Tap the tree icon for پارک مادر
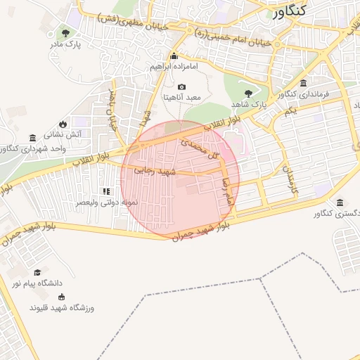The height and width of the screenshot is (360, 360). (65, 33)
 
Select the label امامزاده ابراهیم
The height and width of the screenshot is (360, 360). (174, 67)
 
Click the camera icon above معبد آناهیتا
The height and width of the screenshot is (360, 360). (181, 86)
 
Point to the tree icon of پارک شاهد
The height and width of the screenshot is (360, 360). (247, 93)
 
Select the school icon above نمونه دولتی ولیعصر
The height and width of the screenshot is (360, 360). (106, 191)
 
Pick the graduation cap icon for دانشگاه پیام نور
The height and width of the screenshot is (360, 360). (37, 273)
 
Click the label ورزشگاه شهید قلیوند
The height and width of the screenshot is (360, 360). (62, 308)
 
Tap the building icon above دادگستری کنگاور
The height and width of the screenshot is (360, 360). (340, 202)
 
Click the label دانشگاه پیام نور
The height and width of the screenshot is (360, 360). (37, 283)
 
